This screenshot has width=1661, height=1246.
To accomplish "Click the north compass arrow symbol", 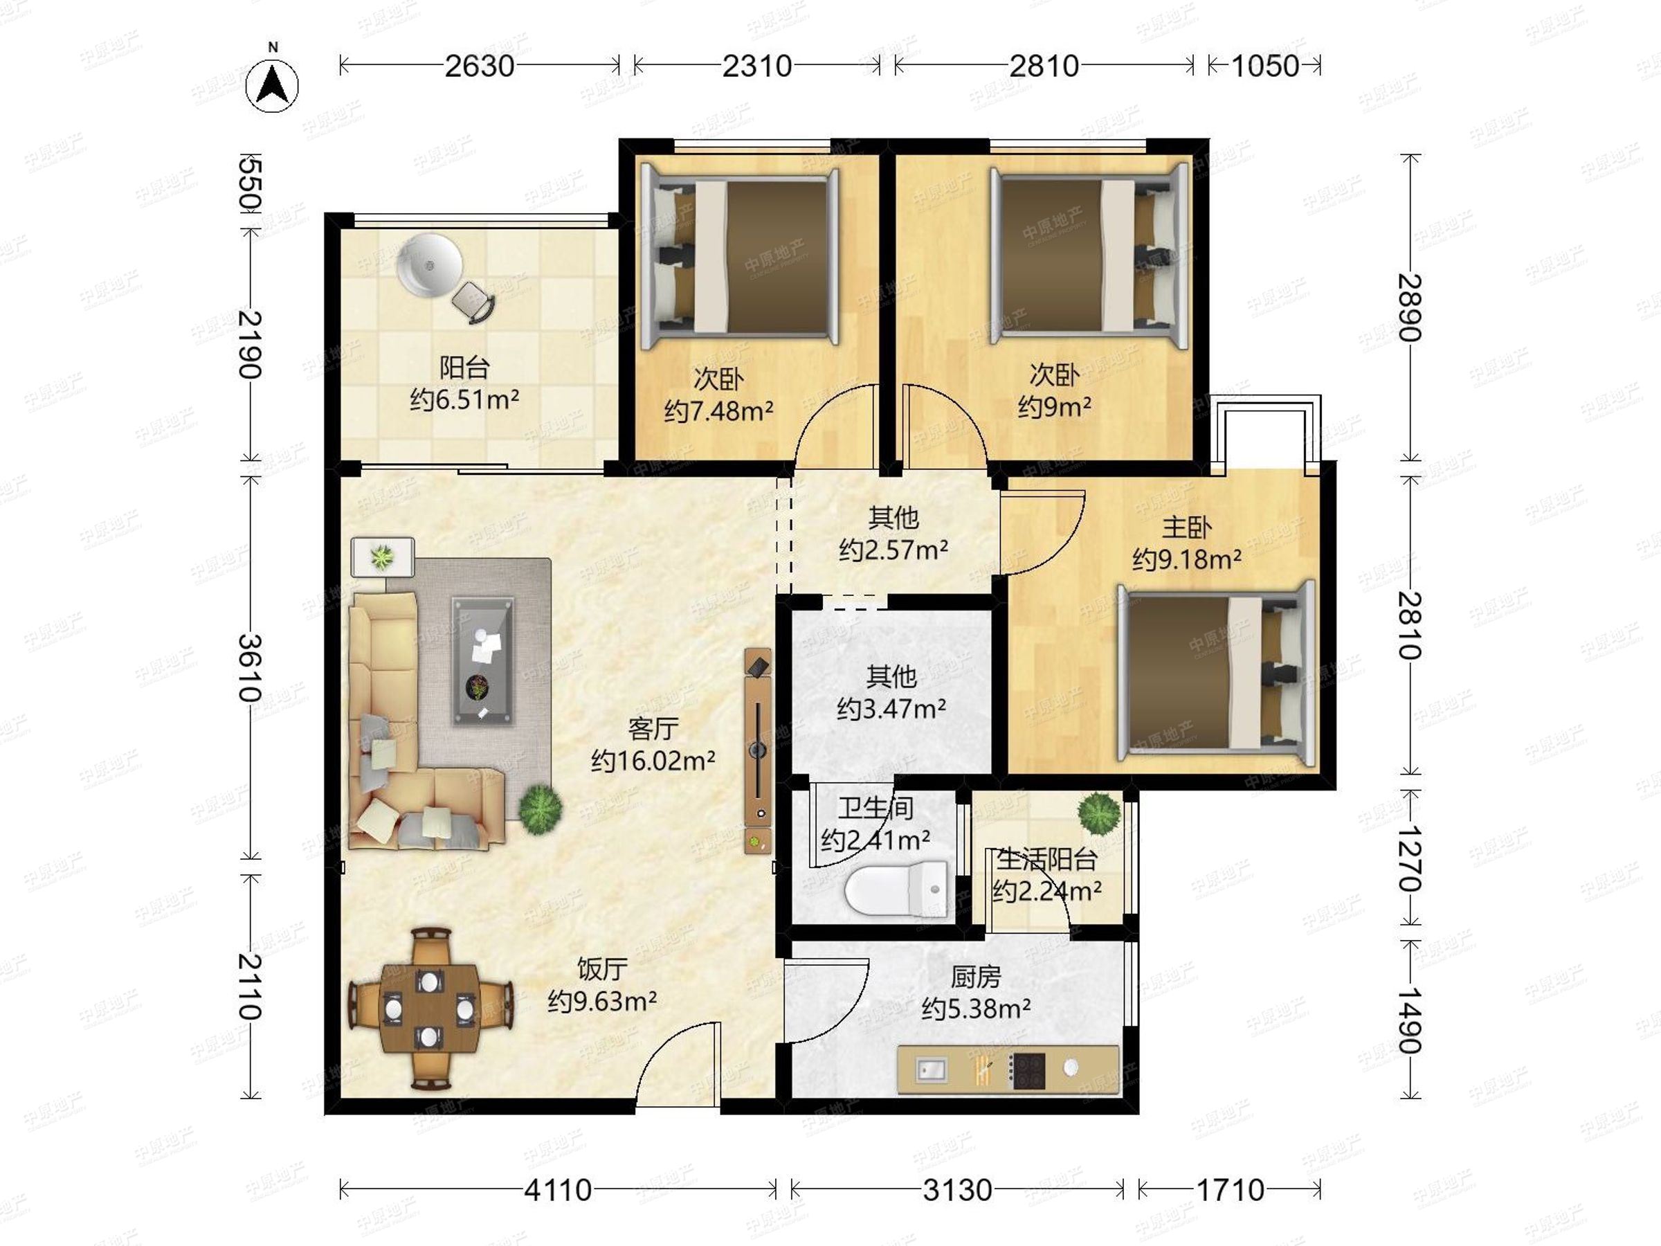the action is (273, 82).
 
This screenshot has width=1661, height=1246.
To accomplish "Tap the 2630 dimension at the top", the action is (480, 66).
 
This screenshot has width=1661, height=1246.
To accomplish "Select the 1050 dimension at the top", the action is (1265, 66).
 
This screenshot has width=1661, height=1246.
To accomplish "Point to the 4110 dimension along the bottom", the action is (558, 1190).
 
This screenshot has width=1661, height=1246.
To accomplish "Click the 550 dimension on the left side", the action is (249, 183).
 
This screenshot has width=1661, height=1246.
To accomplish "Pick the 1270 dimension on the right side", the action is (1410, 858).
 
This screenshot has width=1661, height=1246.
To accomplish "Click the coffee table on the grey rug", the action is (483, 661).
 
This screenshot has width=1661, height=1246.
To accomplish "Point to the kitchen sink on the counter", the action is (931, 1069).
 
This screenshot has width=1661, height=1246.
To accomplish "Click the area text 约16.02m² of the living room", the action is (653, 761).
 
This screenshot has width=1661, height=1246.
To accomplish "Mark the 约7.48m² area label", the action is (718, 410).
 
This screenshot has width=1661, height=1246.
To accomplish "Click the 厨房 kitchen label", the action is (975, 976).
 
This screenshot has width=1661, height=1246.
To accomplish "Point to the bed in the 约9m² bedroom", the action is (1089, 256).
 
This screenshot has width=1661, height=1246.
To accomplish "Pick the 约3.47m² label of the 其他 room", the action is (891, 708).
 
